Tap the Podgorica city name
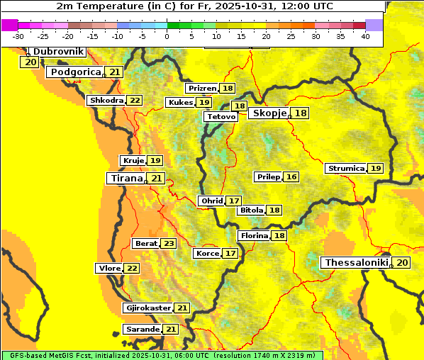[x=74, y=72]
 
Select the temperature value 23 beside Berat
[x=168, y=244]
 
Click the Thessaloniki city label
[x=356, y=263]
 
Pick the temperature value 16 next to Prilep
[x=291, y=176]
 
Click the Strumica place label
[x=345, y=169]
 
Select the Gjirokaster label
[x=147, y=308]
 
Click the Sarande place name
[x=142, y=330]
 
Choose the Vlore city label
[x=108, y=268]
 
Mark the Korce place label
[x=207, y=254]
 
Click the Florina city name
[x=254, y=235]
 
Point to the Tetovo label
[x=221, y=117]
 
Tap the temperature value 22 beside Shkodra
[x=134, y=101]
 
